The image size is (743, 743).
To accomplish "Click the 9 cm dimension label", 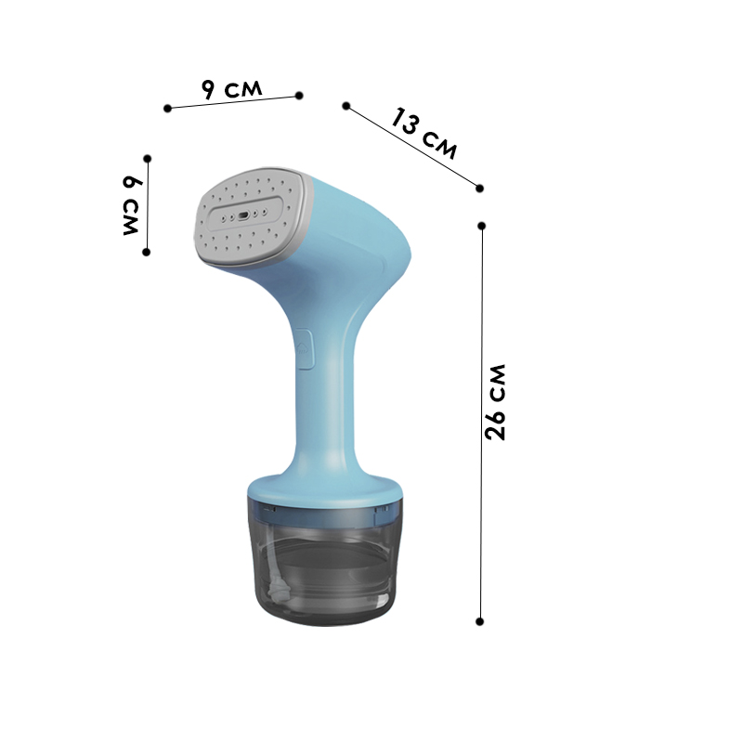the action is [231, 88].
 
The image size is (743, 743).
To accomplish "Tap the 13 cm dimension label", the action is [424, 134].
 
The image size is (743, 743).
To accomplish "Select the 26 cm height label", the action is [496, 402].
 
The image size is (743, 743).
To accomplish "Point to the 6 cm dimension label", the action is [131, 205].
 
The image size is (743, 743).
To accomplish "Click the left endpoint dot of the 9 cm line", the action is [167, 109].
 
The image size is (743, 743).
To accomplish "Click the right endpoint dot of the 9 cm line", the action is [299, 96].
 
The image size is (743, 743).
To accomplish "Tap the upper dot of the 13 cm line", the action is [346, 106].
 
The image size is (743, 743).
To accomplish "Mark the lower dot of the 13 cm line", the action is [479, 189].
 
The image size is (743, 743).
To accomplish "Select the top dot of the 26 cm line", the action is [482, 226].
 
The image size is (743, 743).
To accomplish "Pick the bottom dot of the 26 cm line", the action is [479, 621].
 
